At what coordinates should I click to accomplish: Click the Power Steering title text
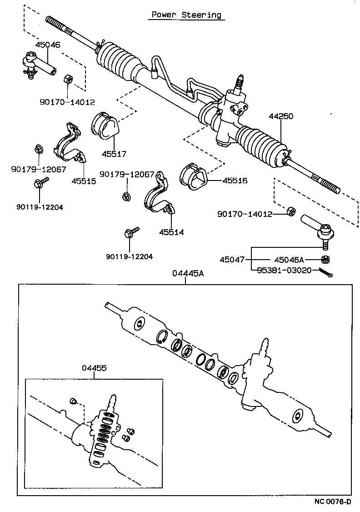[x=186, y=15]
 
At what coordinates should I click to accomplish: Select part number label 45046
[x=48, y=45]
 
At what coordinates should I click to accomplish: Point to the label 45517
[x=110, y=154]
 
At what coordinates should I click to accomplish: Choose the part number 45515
[x=84, y=181]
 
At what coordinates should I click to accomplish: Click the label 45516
[x=235, y=181]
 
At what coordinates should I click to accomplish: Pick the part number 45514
[x=171, y=232]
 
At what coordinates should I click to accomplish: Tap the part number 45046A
[x=289, y=260]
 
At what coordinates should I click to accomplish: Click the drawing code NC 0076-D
[x=333, y=502]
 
